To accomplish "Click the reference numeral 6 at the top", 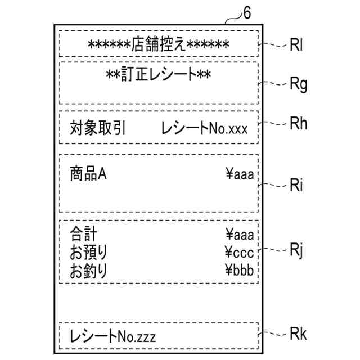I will pos(246,13).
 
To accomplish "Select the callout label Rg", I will pos(298,85).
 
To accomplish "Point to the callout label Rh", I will pos(298,125).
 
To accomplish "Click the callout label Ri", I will pos(296,185).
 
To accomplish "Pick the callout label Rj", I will pos(296,250).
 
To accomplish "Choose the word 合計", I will pos(82,234).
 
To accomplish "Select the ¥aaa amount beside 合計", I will pos(240,234).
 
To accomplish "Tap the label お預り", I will pos(88,251).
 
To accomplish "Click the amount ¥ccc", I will pos(240,251).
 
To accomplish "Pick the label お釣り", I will pos(88,271).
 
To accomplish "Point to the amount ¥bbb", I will pos(240,271).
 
